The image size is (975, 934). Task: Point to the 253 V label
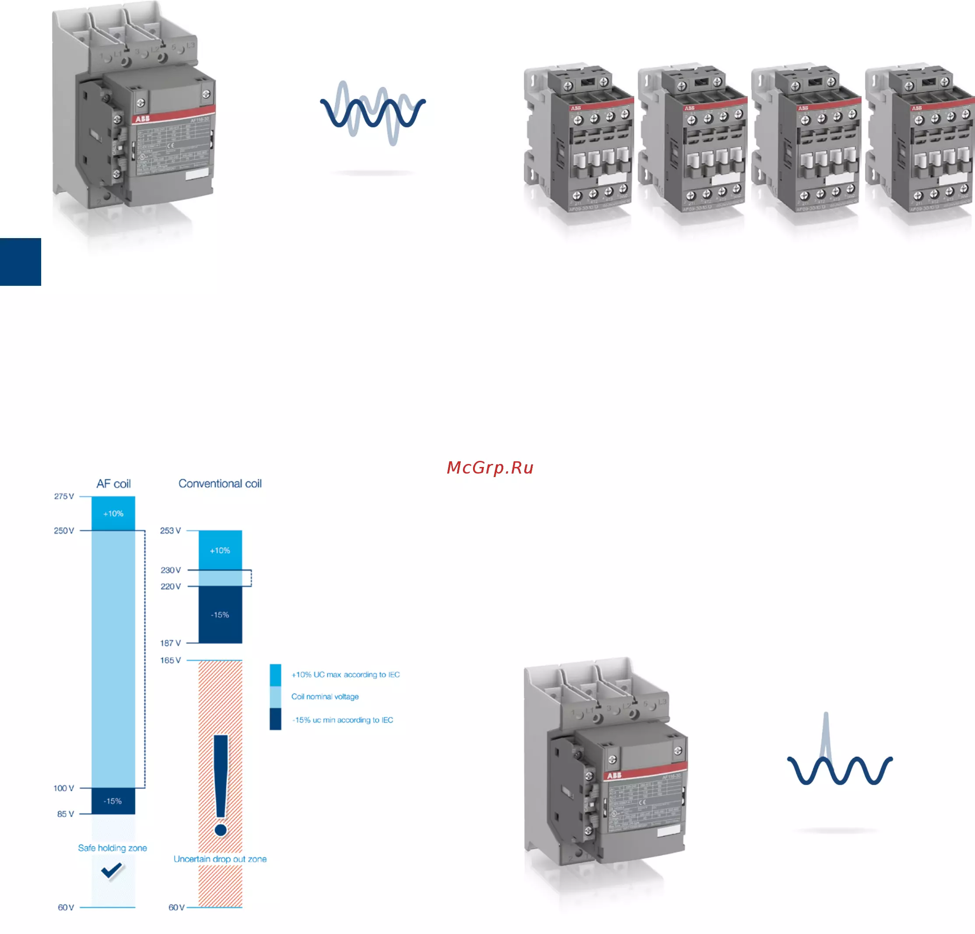[170, 531]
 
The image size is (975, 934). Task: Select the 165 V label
[170, 660]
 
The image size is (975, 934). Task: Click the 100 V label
[64, 788]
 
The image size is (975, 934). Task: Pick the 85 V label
[65, 814]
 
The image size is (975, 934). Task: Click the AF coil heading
[113, 484]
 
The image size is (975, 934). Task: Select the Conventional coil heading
[220, 484]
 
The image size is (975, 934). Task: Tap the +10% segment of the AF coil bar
[113, 513]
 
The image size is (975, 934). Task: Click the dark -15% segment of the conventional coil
[220, 615]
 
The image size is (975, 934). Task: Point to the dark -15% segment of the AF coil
[113, 801]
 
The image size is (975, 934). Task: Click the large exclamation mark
[221, 785]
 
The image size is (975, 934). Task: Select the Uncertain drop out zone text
[220, 860]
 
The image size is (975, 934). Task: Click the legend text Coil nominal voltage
[325, 697]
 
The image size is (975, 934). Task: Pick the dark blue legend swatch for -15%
[275, 719]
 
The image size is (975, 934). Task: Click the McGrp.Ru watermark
[490, 468]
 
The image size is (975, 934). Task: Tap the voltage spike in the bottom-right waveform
[826, 736]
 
